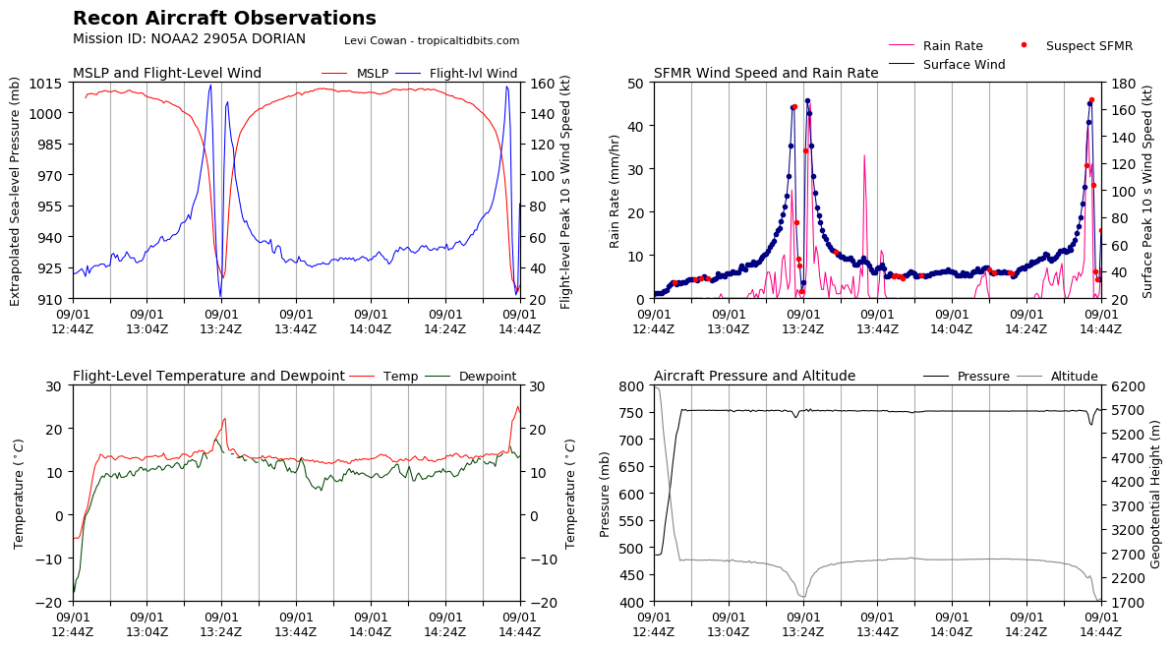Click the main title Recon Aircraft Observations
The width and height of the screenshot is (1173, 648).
point(224,19)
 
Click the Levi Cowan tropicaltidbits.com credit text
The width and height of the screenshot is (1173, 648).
point(432,40)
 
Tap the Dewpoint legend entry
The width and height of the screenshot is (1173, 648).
point(487,377)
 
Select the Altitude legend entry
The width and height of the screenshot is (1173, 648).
point(1074,377)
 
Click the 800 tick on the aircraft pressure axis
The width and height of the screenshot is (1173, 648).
point(631,385)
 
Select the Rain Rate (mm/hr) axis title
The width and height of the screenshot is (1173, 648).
point(616,191)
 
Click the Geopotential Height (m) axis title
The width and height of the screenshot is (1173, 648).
point(1156,493)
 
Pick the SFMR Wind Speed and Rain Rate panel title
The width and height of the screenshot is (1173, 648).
point(766,74)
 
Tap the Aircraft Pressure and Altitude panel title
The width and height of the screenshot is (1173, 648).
point(754,377)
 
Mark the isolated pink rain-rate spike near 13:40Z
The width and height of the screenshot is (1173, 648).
point(864,157)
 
